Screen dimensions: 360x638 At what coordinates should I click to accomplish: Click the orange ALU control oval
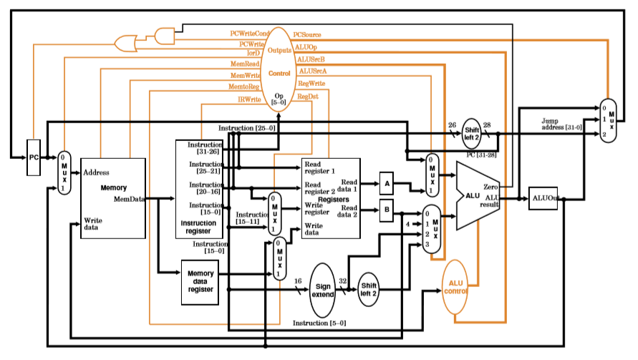456,286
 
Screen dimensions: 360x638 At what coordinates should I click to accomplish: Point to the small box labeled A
387,183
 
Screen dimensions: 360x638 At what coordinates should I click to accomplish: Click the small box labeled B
387,211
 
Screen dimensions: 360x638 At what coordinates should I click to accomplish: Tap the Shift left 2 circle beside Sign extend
369,289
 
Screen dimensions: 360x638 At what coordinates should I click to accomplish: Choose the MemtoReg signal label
244,86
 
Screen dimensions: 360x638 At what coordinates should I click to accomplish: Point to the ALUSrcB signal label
311,59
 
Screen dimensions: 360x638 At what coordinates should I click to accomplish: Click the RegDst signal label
308,96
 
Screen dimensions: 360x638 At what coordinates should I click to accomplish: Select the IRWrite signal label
249,99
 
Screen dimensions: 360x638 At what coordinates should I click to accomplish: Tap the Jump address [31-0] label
561,124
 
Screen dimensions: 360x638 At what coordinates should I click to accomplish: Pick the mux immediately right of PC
64,172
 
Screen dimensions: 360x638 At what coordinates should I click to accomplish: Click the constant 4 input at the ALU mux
408,223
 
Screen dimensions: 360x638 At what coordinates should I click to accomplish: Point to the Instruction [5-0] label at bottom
319,323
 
